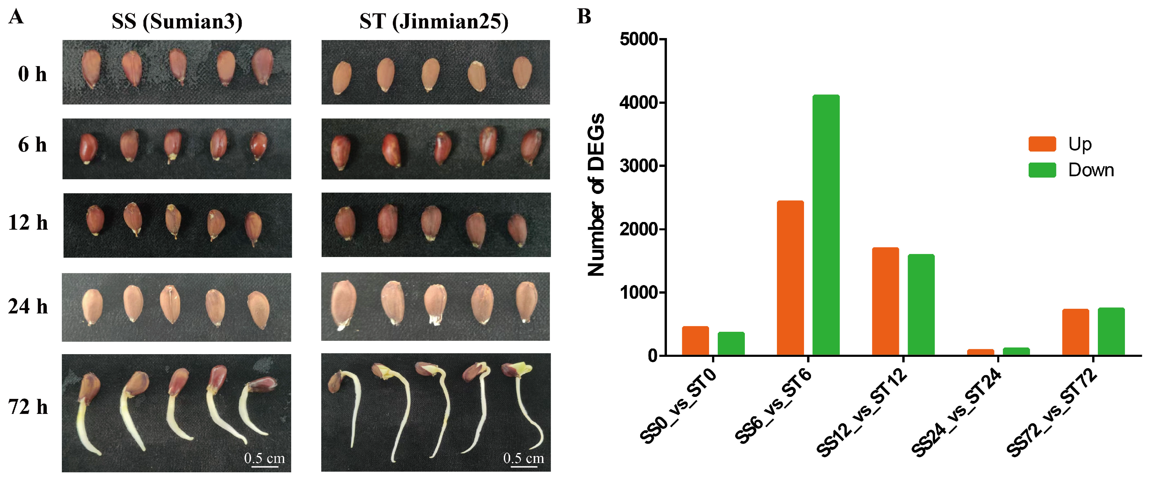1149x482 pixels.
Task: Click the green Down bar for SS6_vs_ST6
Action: (826, 225)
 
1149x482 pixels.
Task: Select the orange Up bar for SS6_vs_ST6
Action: (790, 278)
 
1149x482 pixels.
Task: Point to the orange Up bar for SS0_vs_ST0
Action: (695, 341)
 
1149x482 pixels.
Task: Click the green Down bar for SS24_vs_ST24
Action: (1016, 351)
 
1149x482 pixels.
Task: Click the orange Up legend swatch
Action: (1042, 144)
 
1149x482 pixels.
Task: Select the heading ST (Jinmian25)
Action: (434, 21)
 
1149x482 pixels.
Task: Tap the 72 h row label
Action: (28, 407)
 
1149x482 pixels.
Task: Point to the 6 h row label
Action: (32, 145)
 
